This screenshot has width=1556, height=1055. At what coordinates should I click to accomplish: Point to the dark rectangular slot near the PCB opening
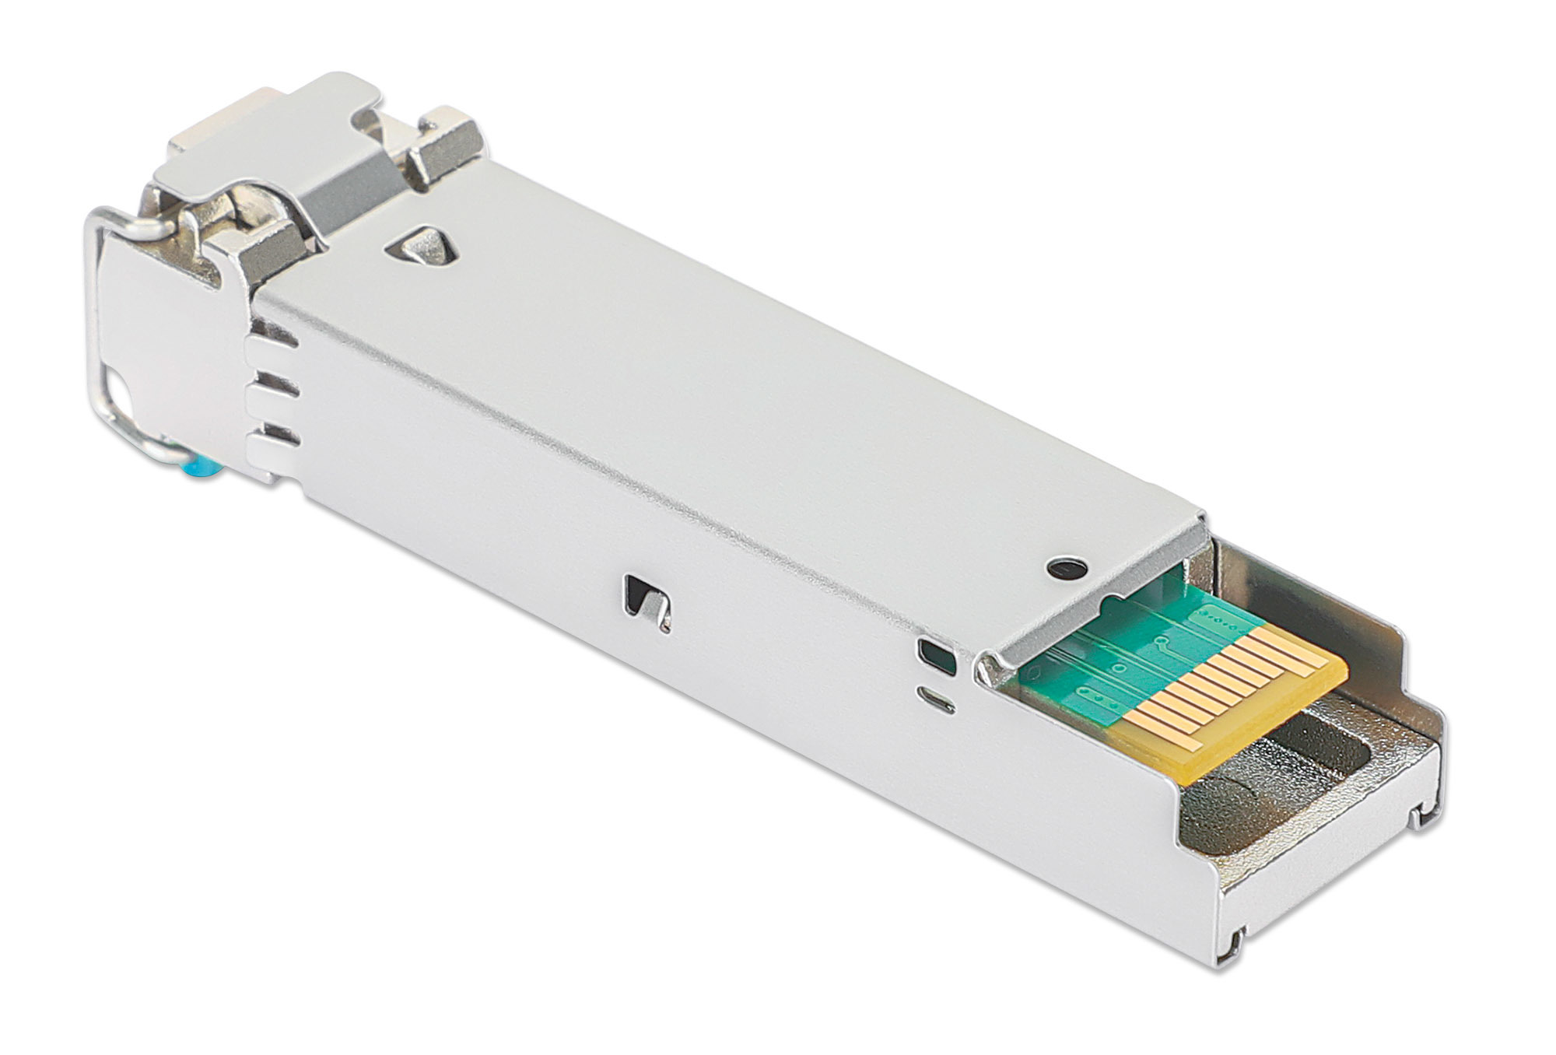tap(937, 655)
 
